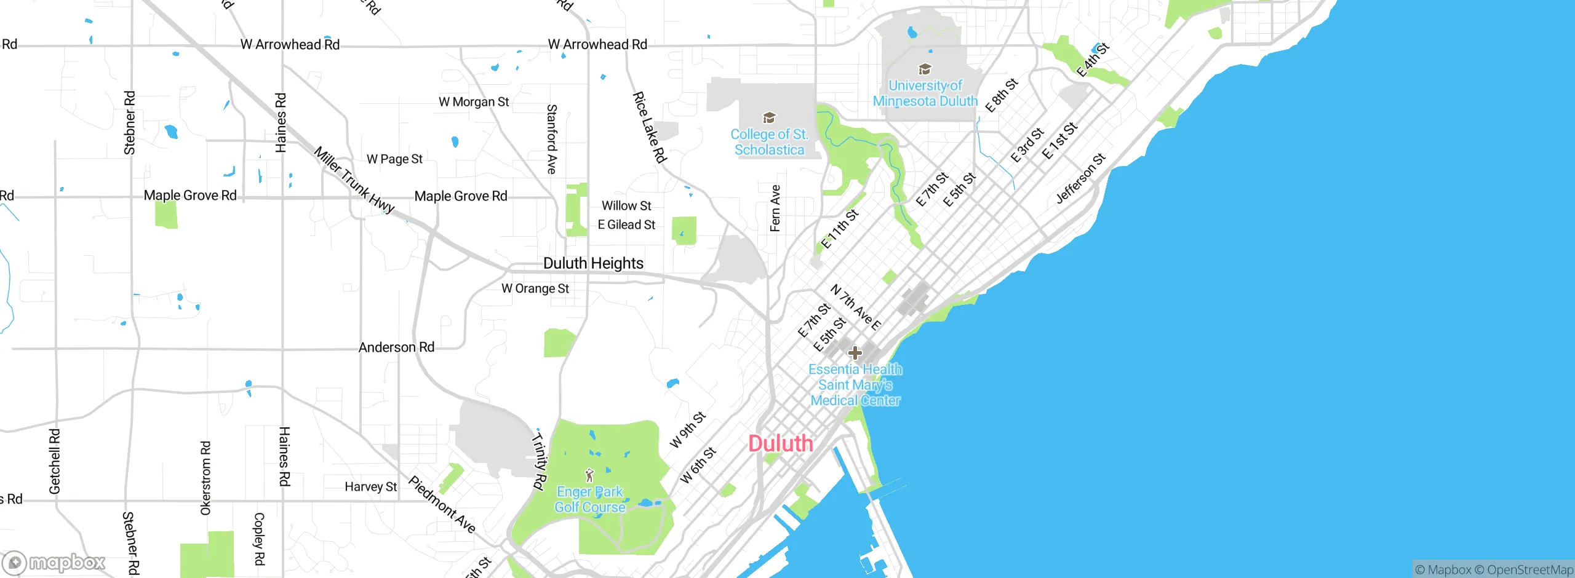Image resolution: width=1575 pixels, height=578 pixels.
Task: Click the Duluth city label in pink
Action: (780, 443)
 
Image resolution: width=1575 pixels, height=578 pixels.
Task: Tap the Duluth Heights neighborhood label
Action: (593, 263)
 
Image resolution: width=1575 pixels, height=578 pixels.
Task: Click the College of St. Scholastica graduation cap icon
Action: (769, 117)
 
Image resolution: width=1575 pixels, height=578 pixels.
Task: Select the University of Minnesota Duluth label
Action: (925, 93)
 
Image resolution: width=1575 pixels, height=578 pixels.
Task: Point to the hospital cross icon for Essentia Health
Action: (855, 353)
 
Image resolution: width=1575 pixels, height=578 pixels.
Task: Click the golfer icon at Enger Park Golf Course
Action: (589, 475)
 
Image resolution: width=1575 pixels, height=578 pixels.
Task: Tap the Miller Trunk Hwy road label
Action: (354, 180)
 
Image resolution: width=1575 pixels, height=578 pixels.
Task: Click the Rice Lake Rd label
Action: (650, 127)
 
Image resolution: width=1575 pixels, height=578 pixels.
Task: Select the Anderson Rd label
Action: (396, 347)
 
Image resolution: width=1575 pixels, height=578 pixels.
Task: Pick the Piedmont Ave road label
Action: (442, 504)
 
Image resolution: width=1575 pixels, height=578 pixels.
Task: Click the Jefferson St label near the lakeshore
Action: (1080, 178)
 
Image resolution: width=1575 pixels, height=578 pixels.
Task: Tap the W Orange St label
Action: (535, 288)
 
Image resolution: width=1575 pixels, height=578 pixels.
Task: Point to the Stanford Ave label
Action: (552, 139)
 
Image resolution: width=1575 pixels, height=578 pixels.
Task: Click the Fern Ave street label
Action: (775, 208)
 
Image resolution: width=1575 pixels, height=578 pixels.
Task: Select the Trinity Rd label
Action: (538, 461)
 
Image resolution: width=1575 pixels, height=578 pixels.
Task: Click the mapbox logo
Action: (54, 563)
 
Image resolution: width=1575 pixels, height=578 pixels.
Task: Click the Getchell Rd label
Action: (55, 461)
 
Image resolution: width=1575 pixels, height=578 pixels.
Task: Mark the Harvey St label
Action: (370, 487)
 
